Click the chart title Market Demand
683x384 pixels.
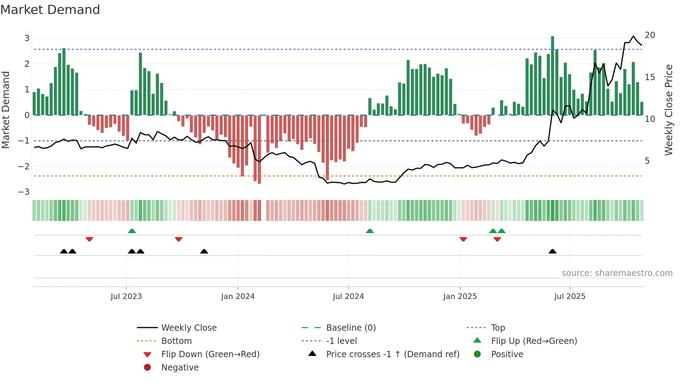point(50,10)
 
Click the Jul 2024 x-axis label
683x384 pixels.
point(348,297)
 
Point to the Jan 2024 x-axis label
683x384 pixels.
point(238,297)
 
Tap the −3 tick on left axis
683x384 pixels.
point(24,192)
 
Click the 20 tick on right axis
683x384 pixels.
point(650,35)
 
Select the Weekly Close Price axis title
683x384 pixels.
point(668,110)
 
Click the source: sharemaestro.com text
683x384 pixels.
point(617,273)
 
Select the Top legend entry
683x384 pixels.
point(498,328)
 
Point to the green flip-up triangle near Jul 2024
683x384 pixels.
point(370,231)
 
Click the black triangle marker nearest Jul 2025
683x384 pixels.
point(552,251)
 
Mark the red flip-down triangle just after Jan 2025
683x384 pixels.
point(463,239)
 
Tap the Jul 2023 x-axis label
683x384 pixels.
point(126,297)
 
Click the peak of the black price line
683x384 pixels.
point(634,36)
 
